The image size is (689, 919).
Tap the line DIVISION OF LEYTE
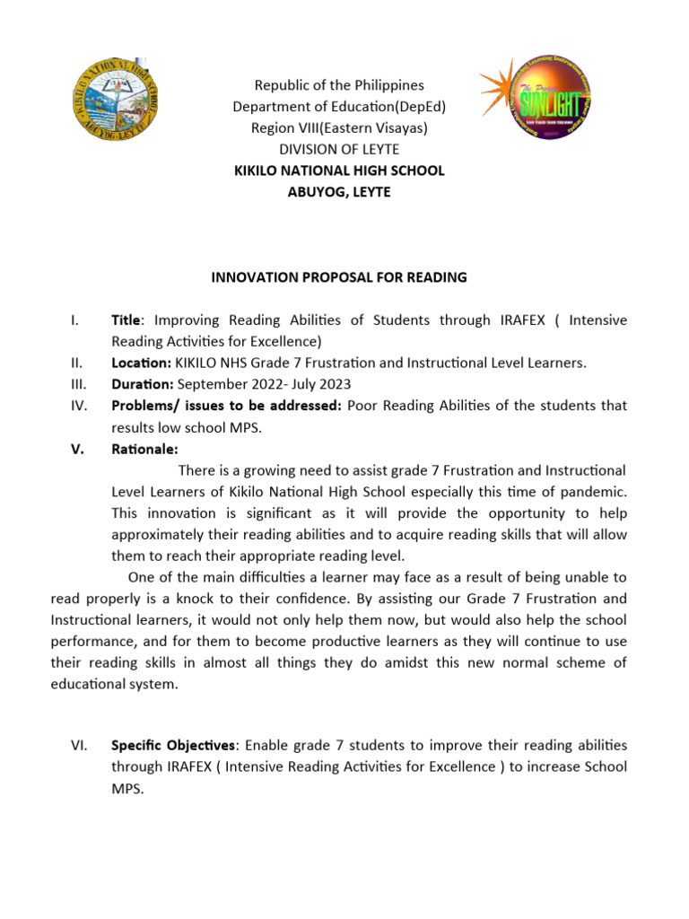[338, 149]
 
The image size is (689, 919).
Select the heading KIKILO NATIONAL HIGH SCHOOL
[338, 171]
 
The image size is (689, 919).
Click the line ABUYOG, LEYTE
[338, 192]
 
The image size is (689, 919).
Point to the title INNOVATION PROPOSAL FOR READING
[338, 277]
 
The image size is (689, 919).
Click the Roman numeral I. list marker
[74, 320]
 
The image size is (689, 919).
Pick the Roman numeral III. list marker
[77, 384]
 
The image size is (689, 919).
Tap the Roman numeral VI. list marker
[77, 746]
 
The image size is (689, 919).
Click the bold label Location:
[141, 363]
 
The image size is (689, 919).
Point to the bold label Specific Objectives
[174, 746]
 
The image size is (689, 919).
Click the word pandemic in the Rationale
[595, 492]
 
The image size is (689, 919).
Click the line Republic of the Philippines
[338, 85]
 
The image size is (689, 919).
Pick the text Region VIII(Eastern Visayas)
[338, 127]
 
